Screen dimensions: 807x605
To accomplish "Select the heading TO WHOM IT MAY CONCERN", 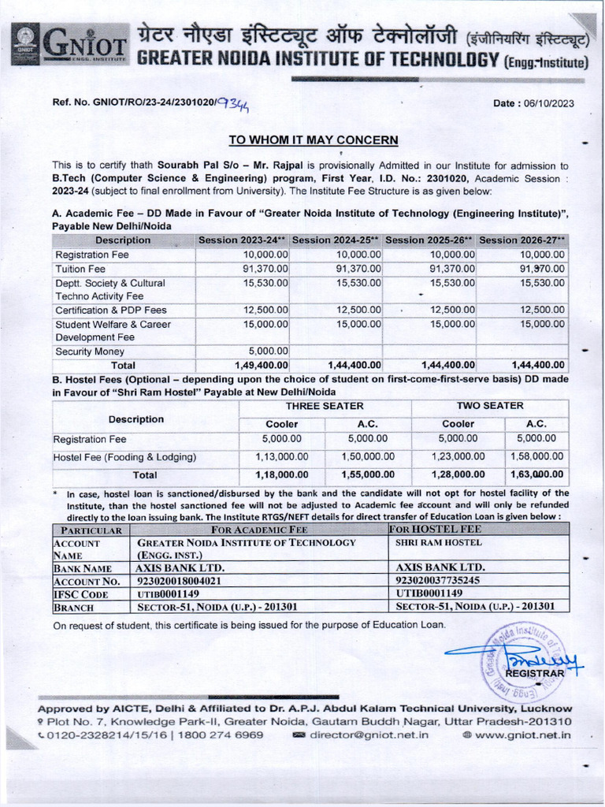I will (x=313, y=140).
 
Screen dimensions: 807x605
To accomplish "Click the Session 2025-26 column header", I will (x=429, y=240).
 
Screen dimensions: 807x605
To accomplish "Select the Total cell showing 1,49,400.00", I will (x=262, y=365).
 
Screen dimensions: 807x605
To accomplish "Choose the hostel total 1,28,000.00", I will (x=457, y=474).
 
